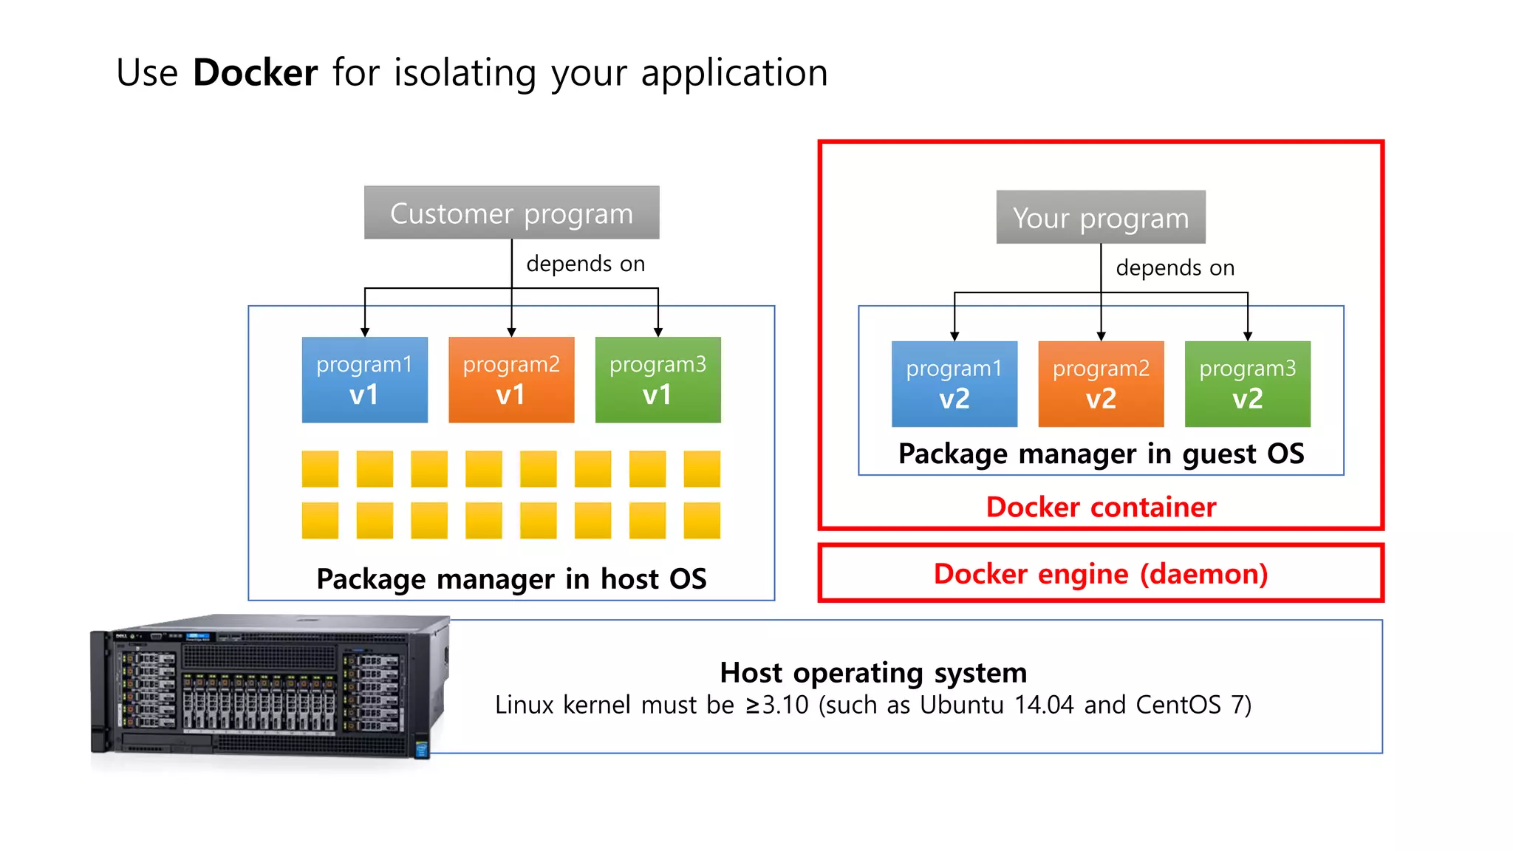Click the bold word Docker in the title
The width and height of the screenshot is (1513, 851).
255,72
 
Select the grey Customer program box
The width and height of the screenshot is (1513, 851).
511,213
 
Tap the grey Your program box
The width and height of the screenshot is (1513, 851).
1100,217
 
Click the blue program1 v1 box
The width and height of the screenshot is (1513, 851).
364,380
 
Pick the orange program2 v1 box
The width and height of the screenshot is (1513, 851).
511,380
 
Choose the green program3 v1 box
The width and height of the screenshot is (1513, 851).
658,380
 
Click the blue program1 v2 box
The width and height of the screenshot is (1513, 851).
954,384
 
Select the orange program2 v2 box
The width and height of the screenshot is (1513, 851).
1101,384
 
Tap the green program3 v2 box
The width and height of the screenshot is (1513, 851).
1247,384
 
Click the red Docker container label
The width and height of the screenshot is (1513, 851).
1101,507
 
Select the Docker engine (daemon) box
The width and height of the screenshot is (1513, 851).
1101,573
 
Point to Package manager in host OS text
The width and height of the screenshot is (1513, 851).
511,578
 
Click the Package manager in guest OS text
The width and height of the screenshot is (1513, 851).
1101,454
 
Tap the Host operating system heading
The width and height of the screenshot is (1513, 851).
873,672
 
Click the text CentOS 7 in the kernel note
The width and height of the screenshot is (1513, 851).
1189,705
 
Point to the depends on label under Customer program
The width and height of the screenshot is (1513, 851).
585,264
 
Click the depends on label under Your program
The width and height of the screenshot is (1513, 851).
1175,267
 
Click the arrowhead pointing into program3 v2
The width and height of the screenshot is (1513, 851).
1248,336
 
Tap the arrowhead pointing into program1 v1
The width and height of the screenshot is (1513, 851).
365,332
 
